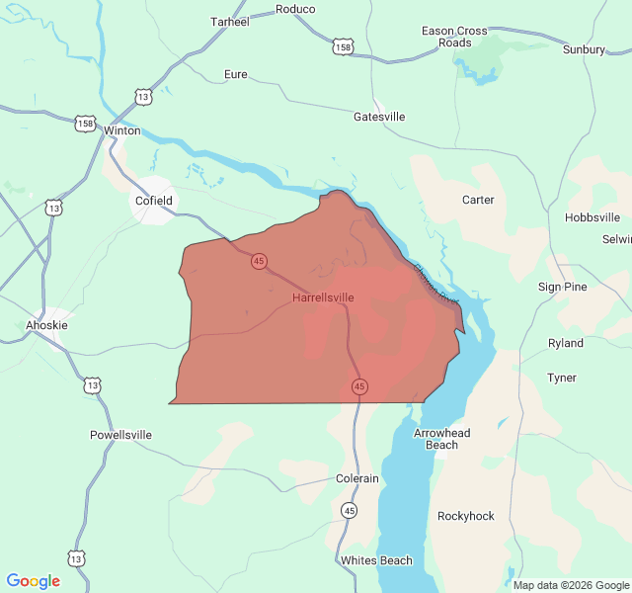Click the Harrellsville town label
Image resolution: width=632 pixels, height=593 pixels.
pyautogui.click(x=323, y=296)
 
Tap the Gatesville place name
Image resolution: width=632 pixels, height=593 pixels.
pyautogui.click(x=379, y=117)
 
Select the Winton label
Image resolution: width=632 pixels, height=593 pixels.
pyautogui.click(x=122, y=130)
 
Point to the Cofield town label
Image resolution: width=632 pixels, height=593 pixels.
pyautogui.click(x=153, y=201)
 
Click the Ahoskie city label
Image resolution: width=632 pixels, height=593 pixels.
pyautogui.click(x=47, y=324)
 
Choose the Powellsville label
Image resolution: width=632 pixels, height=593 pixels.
pyautogui.click(x=120, y=434)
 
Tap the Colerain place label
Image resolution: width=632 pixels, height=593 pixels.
pyautogui.click(x=357, y=478)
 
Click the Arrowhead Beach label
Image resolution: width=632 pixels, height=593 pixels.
pyautogui.click(x=442, y=439)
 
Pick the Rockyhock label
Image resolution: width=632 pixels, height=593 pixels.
pyautogui.click(x=466, y=516)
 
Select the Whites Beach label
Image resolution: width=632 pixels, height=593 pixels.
pyautogui.click(x=376, y=560)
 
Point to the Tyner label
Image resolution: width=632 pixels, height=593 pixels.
pyautogui.click(x=562, y=378)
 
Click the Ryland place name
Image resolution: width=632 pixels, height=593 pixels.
pyautogui.click(x=566, y=343)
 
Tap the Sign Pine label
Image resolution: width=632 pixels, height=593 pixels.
pyautogui.click(x=563, y=287)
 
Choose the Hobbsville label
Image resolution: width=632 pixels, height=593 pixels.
pyautogui.click(x=592, y=217)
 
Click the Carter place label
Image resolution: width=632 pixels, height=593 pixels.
pyautogui.click(x=478, y=200)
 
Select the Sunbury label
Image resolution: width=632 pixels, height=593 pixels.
pyautogui.click(x=584, y=48)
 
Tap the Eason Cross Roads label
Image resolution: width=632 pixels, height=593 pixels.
pyautogui.click(x=455, y=37)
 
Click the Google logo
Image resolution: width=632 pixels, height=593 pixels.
pyautogui.click(x=34, y=581)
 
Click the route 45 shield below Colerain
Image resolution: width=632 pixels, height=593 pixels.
pyautogui.click(x=351, y=510)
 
